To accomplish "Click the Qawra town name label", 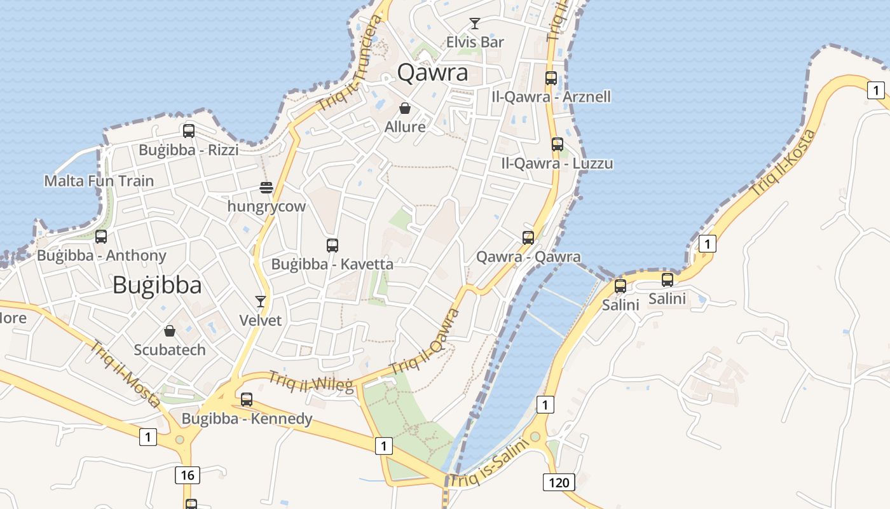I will click(x=432, y=73).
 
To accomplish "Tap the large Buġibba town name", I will click(x=157, y=285).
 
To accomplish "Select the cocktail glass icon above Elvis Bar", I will click(x=474, y=24).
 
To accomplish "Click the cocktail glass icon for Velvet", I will click(x=260, y=301).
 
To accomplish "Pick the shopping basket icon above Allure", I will click(x=405, y=108).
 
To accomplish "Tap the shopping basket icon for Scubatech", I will click(x=170, y=331).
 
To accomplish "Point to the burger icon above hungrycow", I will click(x=266, y=188).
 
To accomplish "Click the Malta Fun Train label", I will click(x=99, y=181).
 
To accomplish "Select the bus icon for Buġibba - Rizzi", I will click(x=189, y=131).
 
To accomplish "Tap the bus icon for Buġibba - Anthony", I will click(x=101, y=237).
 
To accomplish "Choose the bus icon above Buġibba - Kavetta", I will click(x=332, y=245).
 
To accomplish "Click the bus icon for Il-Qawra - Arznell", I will click(x=551, y=78).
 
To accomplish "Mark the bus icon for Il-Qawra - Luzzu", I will click(x=558, y=144).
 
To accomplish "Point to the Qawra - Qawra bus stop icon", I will click(x=528, y=238).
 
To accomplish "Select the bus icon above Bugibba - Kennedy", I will click(x=247, y=400).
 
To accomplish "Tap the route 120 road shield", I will click(x=559, y=482).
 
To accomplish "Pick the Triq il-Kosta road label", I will click(x=783, y=162).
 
